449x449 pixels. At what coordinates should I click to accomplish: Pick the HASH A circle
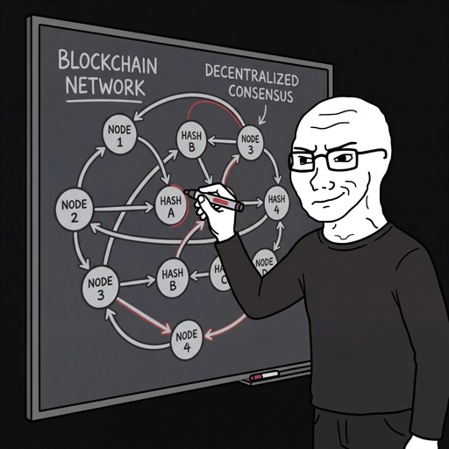[x=170, y=204]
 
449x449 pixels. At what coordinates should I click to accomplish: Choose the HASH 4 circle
[x=276, y=203]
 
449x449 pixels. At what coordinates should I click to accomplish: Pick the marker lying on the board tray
[x=264, y=376]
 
